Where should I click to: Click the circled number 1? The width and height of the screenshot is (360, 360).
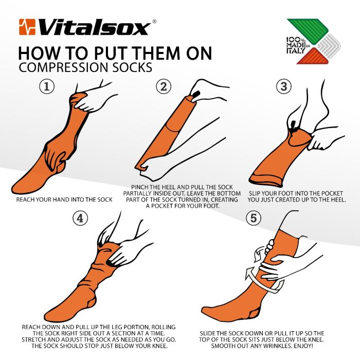tap(47, 87)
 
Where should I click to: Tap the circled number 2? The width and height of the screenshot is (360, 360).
tap(164, 87)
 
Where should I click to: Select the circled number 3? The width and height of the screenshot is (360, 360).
tap(283, 87)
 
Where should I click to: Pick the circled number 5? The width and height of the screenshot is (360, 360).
tap(253, 219)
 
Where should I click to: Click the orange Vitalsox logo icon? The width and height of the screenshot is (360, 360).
tap(27, 26)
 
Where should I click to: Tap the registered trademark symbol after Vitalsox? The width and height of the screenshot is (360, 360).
tap(155, 21)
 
